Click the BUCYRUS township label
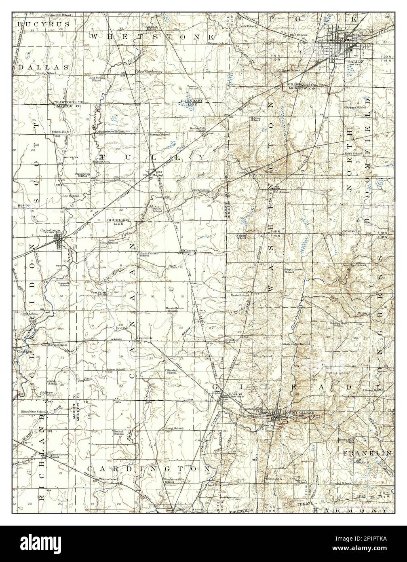tap(44, 24)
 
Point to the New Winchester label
tap(150, 72)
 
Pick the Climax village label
tap(189, 251)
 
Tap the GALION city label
tap(355, 61)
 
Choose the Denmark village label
tap(143, 338)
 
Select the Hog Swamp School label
tap(96, 78)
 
